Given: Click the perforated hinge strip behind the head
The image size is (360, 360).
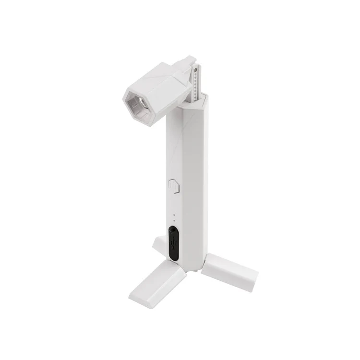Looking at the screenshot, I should tap(196, 83).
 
